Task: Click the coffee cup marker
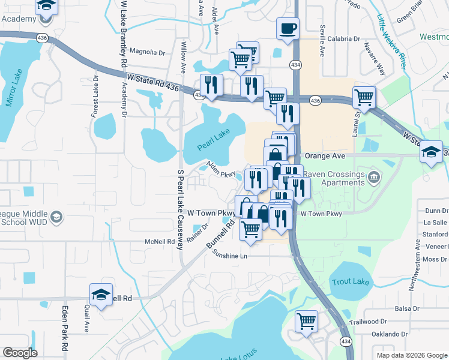[x=288, y=28]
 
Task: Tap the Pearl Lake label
[x=214, y=141]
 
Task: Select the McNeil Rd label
[x=159, y=241]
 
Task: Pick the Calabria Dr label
[x=343, y=38]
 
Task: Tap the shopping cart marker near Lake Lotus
[x=306, y=321]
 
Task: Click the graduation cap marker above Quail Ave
[x=101, y=294]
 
